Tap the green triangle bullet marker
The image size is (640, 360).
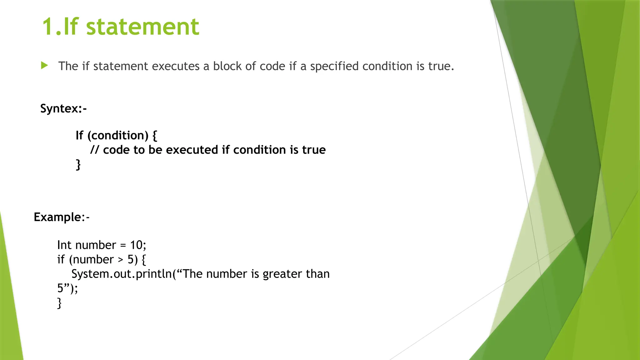(x=44, y=65)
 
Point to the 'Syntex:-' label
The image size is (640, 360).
(x=63, y=108)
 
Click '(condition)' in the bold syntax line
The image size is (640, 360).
(x=118, y=135)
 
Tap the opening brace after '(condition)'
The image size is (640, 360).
(x=154, y=136)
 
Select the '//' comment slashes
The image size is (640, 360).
(x=95, y=150)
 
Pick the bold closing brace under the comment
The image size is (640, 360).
(x=78, y=164)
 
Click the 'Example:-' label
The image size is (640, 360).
(x=62, y=217)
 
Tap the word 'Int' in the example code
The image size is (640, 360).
(x=64, y=245)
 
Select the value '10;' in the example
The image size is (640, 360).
(x=138, y=245)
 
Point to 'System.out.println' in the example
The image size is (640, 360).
(x=122, y=274)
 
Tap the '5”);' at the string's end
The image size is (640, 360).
(x=67, y=288)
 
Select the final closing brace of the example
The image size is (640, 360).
(x=59, y=303)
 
